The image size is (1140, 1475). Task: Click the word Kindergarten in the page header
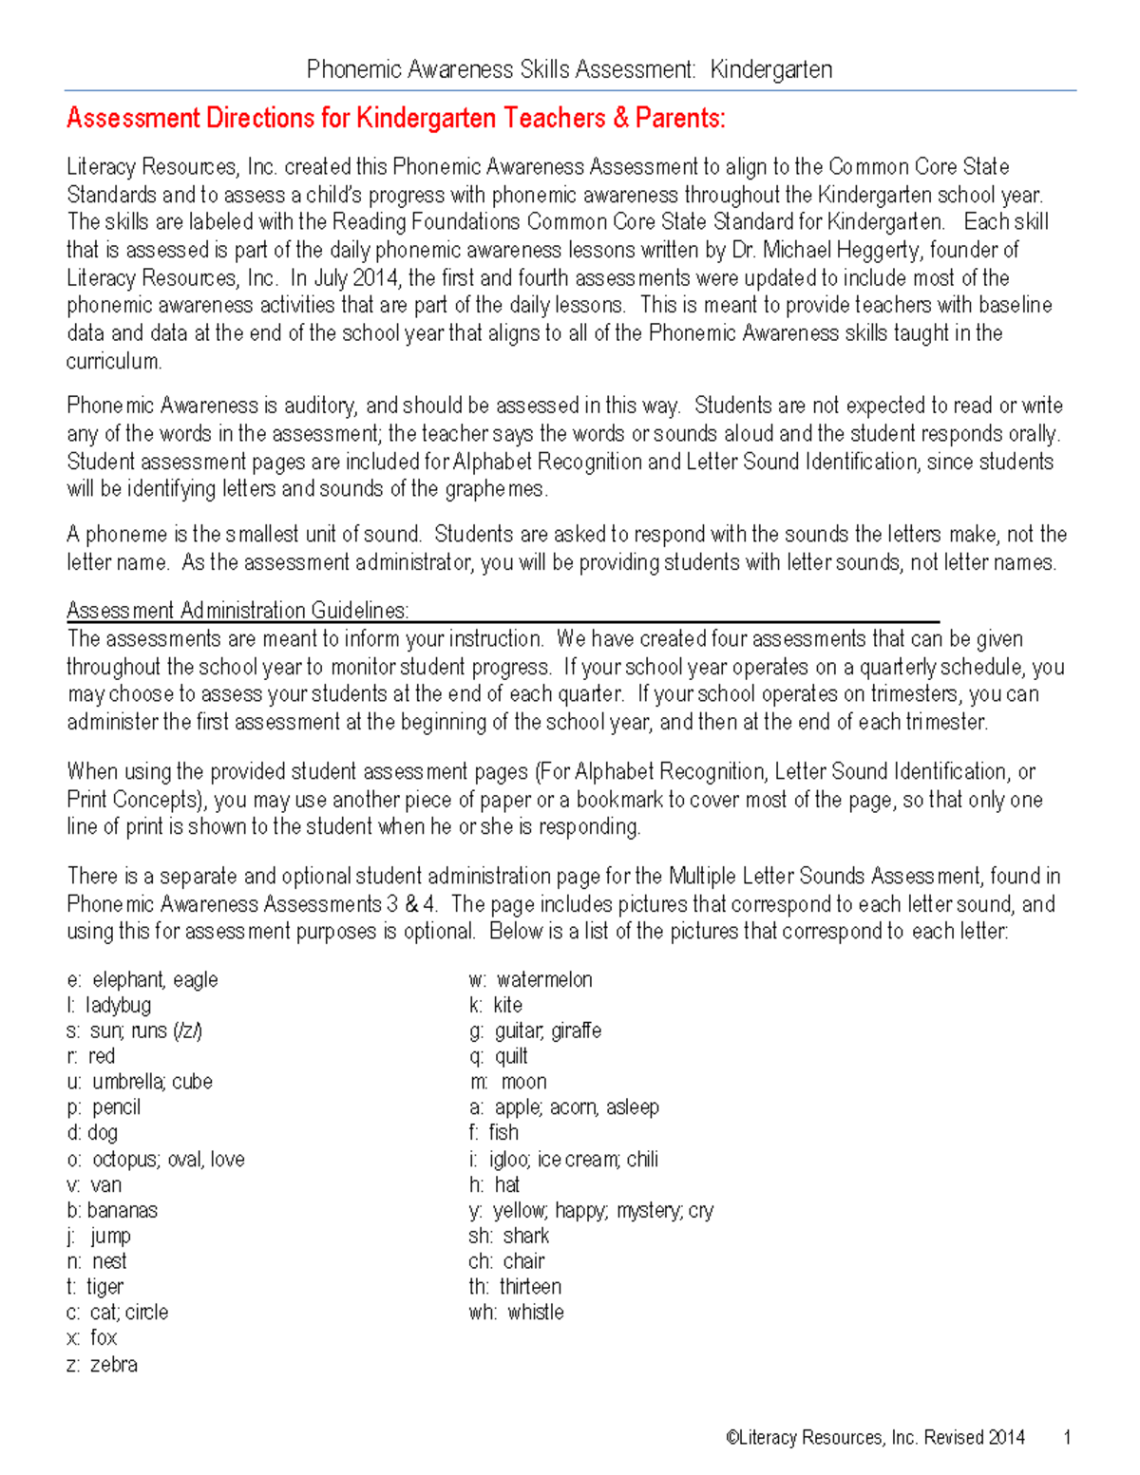770,69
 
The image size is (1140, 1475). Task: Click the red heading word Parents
678,118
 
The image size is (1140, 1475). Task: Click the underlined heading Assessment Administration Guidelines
237,610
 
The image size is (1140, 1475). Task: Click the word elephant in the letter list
128,979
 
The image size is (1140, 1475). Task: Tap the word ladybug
118,1005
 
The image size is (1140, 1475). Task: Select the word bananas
122,1210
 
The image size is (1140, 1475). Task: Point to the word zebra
113,1364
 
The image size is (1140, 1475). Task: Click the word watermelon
543,979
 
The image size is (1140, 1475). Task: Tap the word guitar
518,1031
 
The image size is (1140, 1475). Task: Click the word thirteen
530,1287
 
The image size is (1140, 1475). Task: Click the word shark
525,1236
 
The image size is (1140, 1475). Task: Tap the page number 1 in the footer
1068,1437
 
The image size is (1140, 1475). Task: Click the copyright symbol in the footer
731,1437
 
